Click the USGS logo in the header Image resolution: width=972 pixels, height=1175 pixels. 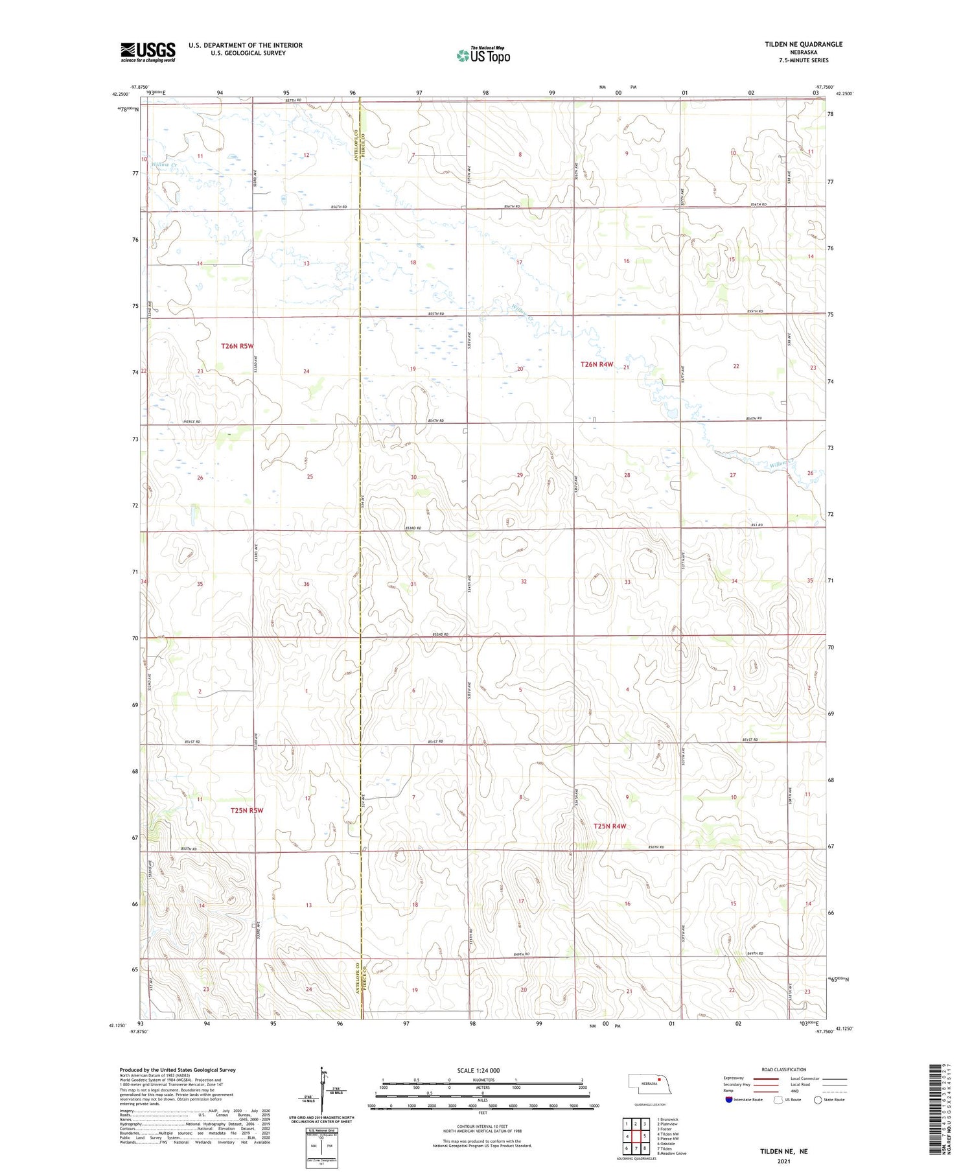(148, 52)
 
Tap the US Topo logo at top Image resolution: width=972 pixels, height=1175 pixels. (483, 56)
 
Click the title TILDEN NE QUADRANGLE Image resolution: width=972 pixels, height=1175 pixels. (804, 44)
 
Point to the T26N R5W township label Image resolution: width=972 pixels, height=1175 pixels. (237, 346)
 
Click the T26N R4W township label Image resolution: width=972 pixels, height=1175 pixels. (596, 364)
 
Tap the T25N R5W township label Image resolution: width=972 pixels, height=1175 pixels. (247, 810)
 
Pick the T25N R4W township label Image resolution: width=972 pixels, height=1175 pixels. (609, 826)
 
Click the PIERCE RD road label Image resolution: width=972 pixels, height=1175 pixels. (190, 422)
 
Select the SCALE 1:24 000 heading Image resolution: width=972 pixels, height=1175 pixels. (478, 1070)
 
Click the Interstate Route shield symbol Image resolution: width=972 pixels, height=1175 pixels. (729, 1099)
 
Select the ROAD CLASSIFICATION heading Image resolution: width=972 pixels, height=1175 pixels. (783, 1069)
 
